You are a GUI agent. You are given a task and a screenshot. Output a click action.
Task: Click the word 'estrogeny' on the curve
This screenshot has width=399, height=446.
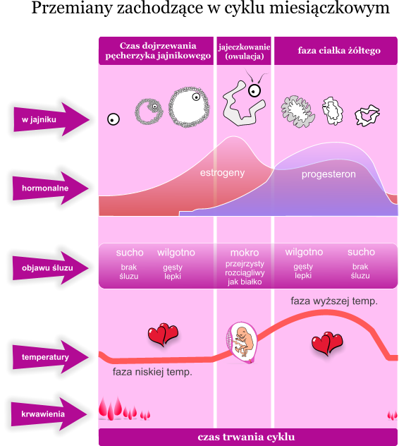(x=222, y=173)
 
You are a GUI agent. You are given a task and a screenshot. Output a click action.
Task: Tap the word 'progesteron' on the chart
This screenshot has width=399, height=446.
(x=329, y=174)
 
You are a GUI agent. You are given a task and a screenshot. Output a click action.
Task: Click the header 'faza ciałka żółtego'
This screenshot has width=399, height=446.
(x=339, y=51)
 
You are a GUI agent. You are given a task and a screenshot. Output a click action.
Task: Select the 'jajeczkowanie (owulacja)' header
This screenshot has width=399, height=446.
(x=244, y=51)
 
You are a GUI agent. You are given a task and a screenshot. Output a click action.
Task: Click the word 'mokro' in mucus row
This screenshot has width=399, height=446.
(x=244, y=253)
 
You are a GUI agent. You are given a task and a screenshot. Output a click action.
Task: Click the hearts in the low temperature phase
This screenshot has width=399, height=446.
(x=163, y=334)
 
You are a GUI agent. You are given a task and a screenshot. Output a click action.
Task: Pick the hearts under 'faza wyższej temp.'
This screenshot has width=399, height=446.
(x=326, y=344)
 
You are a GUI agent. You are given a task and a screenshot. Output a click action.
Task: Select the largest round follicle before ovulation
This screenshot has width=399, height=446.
(x=188, y=107)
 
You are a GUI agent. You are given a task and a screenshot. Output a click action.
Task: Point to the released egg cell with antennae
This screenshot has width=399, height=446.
(x=255, y=89)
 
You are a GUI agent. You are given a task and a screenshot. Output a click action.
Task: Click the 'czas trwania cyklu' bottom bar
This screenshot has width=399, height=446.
(x=245, y=436)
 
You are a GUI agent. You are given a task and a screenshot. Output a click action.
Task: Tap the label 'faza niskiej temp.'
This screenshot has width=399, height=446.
(x=152, y=372)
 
